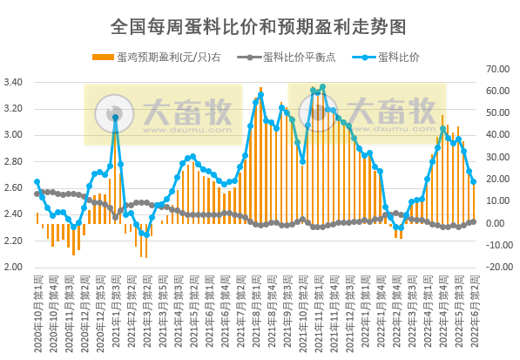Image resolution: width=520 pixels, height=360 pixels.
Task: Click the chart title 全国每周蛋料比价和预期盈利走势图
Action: (x=260, y=26)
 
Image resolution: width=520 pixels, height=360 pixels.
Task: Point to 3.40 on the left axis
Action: (x=17, y=83)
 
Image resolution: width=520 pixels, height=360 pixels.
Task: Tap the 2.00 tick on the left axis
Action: (x=17, y=267)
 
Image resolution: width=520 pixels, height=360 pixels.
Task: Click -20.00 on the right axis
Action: (x=499, y=267)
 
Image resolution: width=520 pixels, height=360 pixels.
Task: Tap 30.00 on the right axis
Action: (x=500, y=156)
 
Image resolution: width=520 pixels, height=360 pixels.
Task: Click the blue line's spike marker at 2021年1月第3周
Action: (x=115, y=117)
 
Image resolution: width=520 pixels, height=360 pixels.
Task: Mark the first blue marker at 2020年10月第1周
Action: (x=37, y=181)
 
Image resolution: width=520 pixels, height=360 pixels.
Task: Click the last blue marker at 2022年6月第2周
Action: (x=473, y=181)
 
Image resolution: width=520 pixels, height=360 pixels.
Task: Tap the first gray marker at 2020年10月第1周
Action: (x=37, y=194)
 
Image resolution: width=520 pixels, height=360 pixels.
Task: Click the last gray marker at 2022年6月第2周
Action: (x=473, y=221)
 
